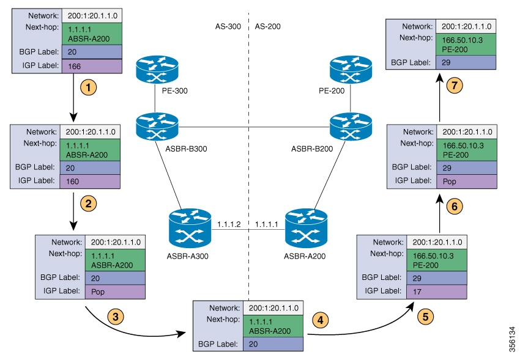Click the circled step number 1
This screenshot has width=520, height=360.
89,87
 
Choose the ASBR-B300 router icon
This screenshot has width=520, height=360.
155,127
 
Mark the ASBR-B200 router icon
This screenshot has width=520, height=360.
347,127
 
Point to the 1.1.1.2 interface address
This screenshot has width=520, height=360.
228,224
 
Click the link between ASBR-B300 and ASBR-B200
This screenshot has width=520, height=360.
251,127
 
